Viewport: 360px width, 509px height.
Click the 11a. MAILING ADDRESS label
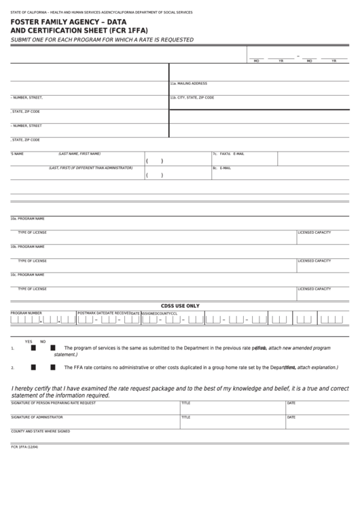188,84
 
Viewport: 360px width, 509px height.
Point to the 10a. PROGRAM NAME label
27,218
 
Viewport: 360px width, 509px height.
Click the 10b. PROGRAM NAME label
27,246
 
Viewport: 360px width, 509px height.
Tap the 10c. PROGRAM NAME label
27,275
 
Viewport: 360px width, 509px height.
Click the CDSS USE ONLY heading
179,306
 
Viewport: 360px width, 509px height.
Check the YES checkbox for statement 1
33,348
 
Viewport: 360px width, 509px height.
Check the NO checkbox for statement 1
52,348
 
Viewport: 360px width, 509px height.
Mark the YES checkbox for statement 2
33,367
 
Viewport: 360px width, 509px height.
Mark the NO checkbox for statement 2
52,367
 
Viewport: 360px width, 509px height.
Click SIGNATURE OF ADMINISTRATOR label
37,417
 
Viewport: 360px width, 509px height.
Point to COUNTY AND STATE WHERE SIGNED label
40,431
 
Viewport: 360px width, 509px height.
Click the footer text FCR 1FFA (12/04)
24,446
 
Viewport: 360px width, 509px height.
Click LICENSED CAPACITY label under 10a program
314,232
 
